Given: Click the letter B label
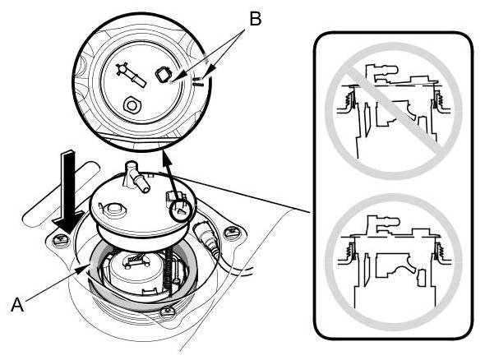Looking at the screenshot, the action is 256,19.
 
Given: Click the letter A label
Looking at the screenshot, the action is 17,305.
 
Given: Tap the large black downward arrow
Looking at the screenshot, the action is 68,192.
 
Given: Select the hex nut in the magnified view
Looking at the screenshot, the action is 132,105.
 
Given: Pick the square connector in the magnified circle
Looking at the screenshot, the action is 163,75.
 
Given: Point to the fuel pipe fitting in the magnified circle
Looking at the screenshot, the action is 130,75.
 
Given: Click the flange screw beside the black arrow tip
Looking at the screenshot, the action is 61,239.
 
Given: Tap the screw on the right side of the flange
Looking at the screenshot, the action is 231,232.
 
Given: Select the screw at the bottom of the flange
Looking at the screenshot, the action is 168,312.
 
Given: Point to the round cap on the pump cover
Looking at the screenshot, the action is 113,209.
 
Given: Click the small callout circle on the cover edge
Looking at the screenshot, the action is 181,210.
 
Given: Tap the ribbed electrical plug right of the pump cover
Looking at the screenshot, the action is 207,237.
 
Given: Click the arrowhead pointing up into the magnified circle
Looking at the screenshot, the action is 166,155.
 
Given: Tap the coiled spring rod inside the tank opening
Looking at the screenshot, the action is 169,270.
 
